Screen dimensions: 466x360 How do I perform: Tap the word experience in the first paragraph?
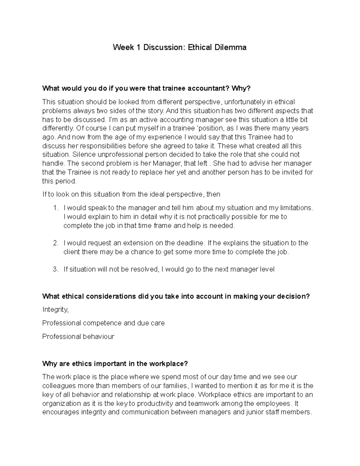click(x=164, y=137)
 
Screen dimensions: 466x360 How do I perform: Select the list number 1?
click(x=55, y=208)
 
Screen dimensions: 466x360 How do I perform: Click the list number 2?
click(x=55, y=243)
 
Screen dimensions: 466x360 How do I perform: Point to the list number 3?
click(x=55, y=269)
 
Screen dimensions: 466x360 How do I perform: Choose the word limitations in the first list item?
click(x=295, y=208)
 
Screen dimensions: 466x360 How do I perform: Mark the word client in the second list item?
click(x=72, y=252)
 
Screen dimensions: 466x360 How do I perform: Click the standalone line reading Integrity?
click(x=55, y=310)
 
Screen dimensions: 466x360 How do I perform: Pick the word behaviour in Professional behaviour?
click(x=99, y=337)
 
